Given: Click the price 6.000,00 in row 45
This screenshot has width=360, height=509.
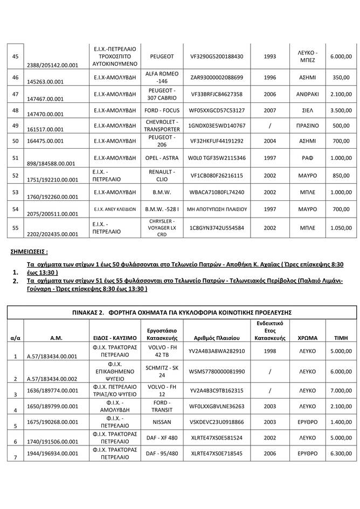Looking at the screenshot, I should [341, 56].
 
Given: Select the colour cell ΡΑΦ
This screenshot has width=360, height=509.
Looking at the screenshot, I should [308, 159].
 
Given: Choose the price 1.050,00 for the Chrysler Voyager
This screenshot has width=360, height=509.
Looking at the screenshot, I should [341, 228].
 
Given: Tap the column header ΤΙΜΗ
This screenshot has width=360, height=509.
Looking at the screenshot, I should [341, 338].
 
